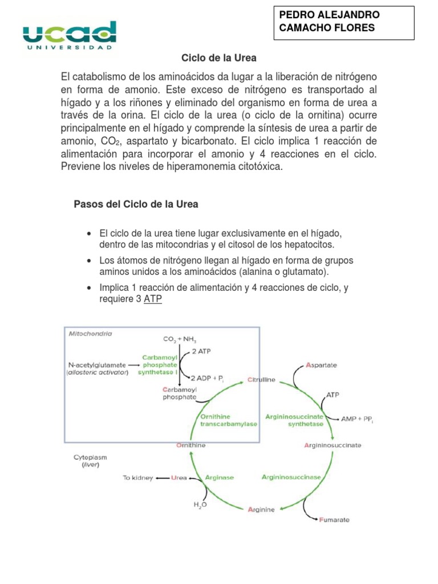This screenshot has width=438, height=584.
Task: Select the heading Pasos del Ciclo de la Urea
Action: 136,204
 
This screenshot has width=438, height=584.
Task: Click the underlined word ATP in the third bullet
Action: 153,299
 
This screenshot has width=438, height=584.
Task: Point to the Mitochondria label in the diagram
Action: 91,333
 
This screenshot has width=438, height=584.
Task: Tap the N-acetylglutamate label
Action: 97,364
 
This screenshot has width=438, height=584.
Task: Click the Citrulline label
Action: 262,379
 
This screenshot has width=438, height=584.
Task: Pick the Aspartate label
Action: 322,364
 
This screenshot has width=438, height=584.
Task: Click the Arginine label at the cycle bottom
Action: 262,509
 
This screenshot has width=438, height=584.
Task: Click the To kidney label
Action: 137,478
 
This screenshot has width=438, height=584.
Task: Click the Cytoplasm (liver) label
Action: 90,461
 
